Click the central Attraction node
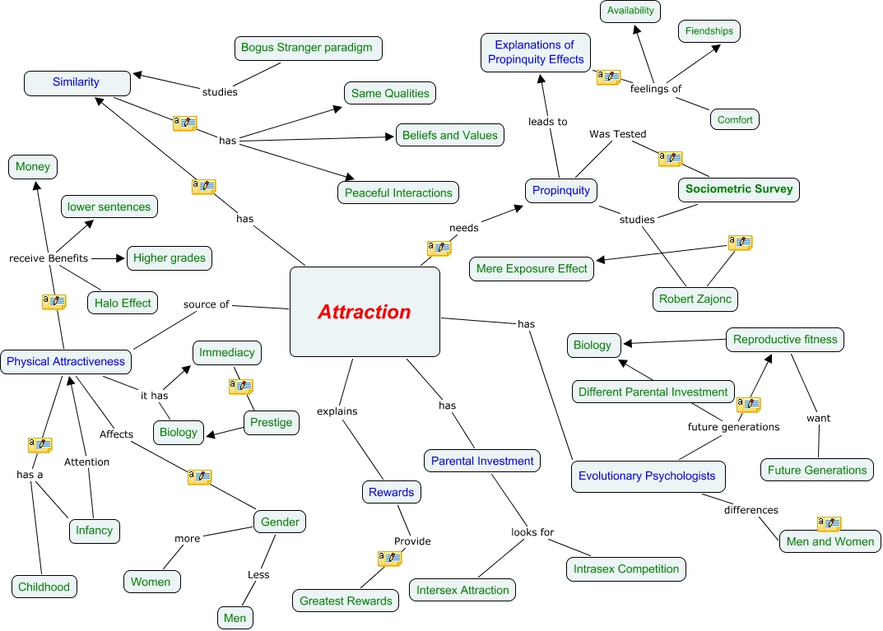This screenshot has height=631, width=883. (365, 313)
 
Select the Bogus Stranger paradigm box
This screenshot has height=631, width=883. (307, 48)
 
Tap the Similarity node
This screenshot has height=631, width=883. (77, 82)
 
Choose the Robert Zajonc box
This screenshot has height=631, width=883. (695, 299)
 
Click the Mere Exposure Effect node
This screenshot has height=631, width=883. (531, 268)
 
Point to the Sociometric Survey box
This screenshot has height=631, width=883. (738, 189)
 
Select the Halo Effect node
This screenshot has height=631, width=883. (123, 303)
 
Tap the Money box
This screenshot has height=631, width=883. (33, 167)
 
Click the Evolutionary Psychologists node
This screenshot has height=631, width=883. (647, 476)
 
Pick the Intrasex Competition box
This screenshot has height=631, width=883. (626, 568)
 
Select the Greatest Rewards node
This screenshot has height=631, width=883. (346, 601)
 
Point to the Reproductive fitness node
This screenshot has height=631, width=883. (784, 340)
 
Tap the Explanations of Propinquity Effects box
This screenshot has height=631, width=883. (536, 52)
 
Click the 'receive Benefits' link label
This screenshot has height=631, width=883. (49, 258)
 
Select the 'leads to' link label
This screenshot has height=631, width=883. (547, 122)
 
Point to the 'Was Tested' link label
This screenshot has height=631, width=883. (617, 134)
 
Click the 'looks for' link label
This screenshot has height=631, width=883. (532, 532)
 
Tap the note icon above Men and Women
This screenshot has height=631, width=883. (829, 524)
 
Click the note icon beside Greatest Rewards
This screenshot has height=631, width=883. (389, 559)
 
